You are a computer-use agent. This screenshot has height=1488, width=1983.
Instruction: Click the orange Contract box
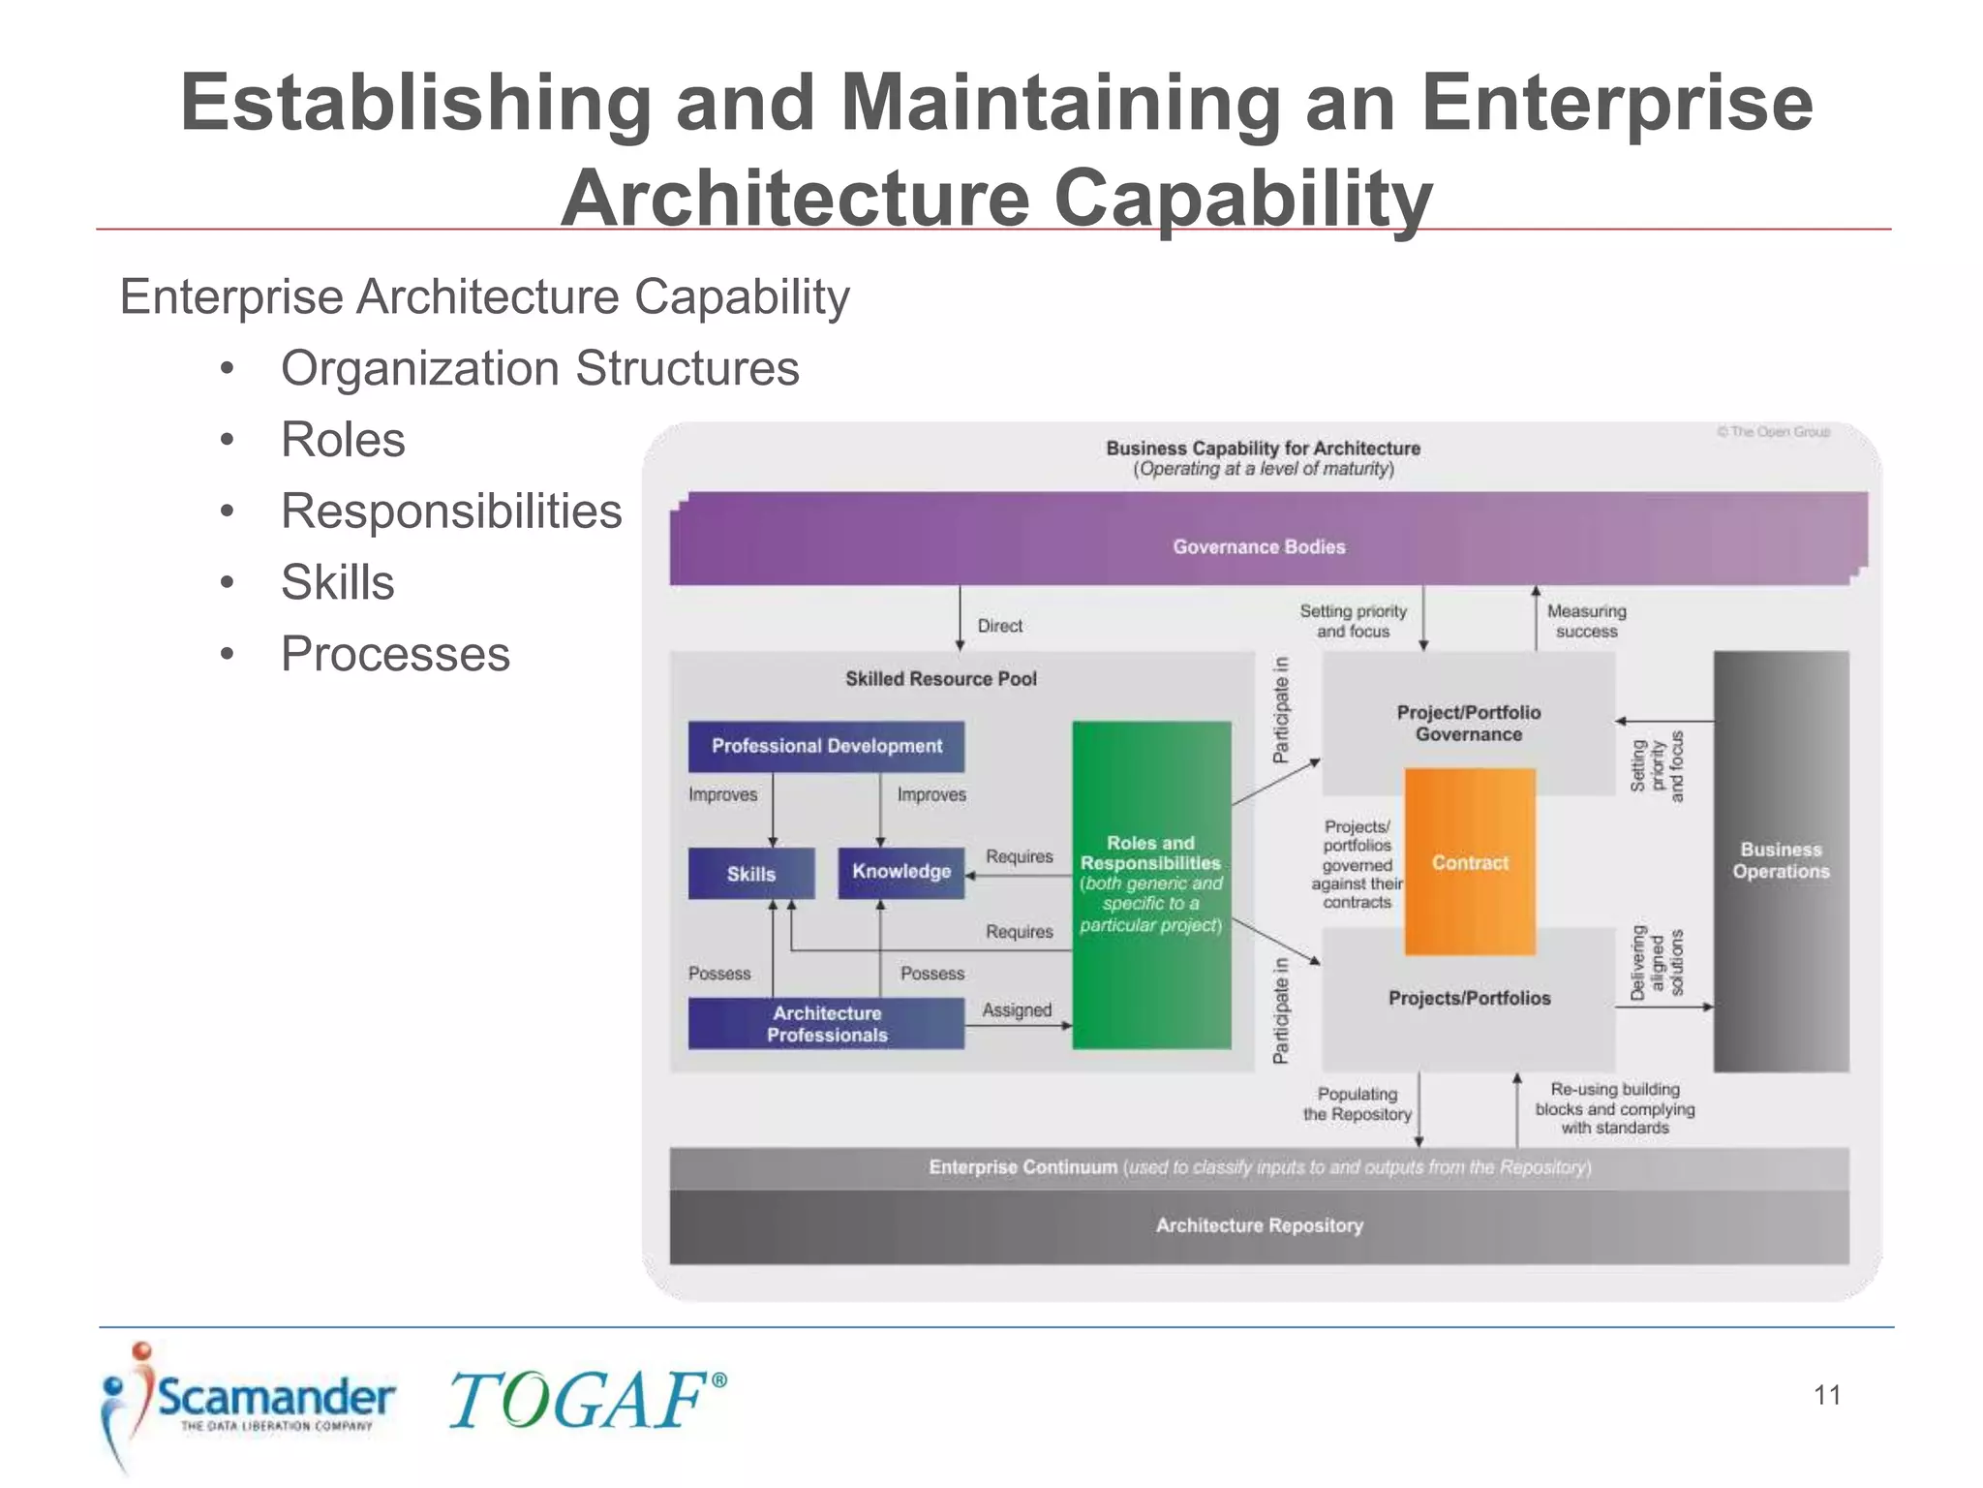[1469, 861]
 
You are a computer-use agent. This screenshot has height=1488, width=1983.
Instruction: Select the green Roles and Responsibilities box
[1150, 883]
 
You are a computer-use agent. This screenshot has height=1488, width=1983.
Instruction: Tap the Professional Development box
[826, 746]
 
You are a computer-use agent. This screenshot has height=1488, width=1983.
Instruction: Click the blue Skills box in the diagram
[751, 873]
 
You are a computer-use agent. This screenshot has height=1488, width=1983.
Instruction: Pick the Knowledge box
[900, 872]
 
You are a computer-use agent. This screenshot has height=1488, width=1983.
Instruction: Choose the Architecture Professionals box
[826, 1024]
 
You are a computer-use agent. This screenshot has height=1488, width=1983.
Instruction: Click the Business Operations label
[1781, 860]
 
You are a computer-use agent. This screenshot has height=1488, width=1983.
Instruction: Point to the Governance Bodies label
[1259, 546]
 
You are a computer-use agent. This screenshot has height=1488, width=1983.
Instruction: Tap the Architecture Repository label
[1259, 1225]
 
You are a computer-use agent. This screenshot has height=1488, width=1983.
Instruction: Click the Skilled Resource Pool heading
[940, 679]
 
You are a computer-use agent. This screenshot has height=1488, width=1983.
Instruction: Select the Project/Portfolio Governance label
[1468, 723]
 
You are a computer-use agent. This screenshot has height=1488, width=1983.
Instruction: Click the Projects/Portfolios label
[1469, 998]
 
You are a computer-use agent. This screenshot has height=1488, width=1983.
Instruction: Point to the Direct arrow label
[999, 626]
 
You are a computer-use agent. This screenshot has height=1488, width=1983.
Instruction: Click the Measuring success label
[1586, 621]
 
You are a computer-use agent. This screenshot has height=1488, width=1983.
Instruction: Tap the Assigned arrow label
[1016, 1009]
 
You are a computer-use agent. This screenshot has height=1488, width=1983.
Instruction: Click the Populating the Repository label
[1357, 1103]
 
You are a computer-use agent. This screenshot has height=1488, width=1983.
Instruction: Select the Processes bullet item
[395, 654]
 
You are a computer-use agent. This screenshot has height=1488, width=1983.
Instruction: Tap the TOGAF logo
[586, 1399]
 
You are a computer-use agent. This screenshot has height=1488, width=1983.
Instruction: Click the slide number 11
[1826, 1395]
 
